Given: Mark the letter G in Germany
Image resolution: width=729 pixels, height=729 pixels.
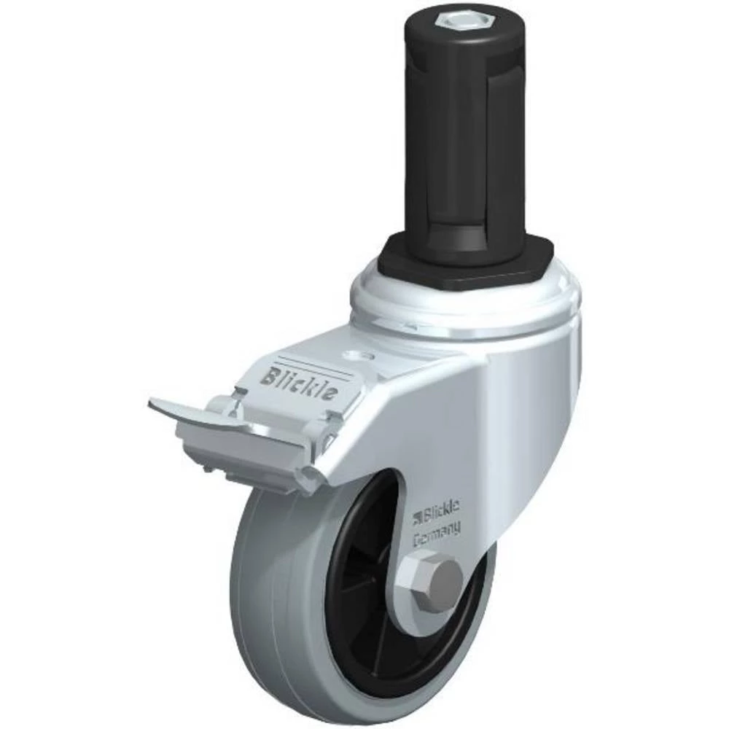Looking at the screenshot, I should tap(418, 540).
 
